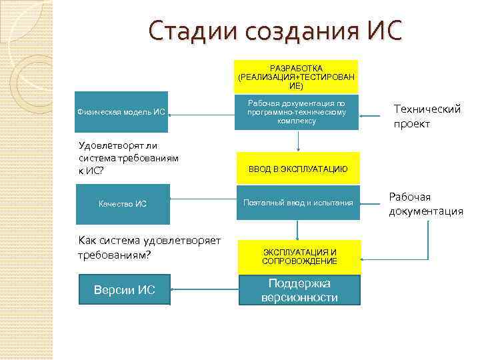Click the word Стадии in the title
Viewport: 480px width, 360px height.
click(188, 31)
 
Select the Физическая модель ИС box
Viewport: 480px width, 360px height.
click(121, 112)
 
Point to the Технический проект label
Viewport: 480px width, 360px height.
click(427, 116)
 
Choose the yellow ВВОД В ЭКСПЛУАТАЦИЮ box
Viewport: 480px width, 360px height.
click(297, 169)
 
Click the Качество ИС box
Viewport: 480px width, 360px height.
click(122, 204)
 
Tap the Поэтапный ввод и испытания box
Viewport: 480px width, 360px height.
click(297, 203)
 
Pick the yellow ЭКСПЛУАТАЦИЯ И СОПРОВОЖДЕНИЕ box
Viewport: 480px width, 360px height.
click(299, 257)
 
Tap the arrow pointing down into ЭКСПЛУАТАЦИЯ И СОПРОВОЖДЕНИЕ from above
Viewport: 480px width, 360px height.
click(297, 230)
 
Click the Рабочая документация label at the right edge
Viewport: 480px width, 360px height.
click(426, 204)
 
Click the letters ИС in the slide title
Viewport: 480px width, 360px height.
click(385, 31)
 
